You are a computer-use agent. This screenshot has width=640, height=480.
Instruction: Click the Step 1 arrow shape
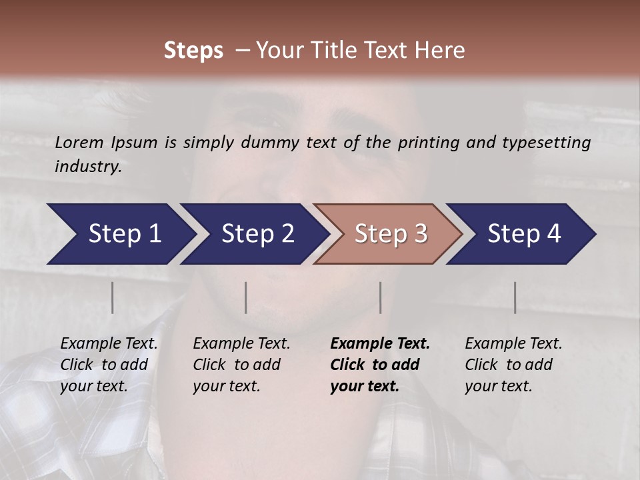click(x=120, y=234)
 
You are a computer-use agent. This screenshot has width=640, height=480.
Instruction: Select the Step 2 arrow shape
click(x=254, y=234)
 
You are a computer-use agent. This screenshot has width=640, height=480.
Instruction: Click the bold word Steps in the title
click(x=193, y=51)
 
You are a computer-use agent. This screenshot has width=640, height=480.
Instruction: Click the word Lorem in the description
click(x=79, y=142)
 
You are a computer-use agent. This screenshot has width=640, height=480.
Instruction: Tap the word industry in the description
click(x=88, y=167)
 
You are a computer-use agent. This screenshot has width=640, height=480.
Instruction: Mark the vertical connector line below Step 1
click(x=113, y=297)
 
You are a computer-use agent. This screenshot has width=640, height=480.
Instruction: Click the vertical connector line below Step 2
click(x=246, y=297)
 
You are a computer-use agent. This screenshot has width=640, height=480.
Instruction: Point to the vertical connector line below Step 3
click(x=381, y=297)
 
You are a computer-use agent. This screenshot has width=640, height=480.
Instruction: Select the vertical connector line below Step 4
click(x=515, y=297)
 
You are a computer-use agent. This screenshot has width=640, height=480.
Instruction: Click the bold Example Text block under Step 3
click(x=380, y=365)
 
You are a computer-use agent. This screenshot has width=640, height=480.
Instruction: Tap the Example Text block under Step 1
click(x=109, y=365)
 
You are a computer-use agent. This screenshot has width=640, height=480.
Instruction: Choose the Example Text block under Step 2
click(x=241, y=365)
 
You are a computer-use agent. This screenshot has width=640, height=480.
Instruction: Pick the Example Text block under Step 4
click(x=513, y=365)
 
